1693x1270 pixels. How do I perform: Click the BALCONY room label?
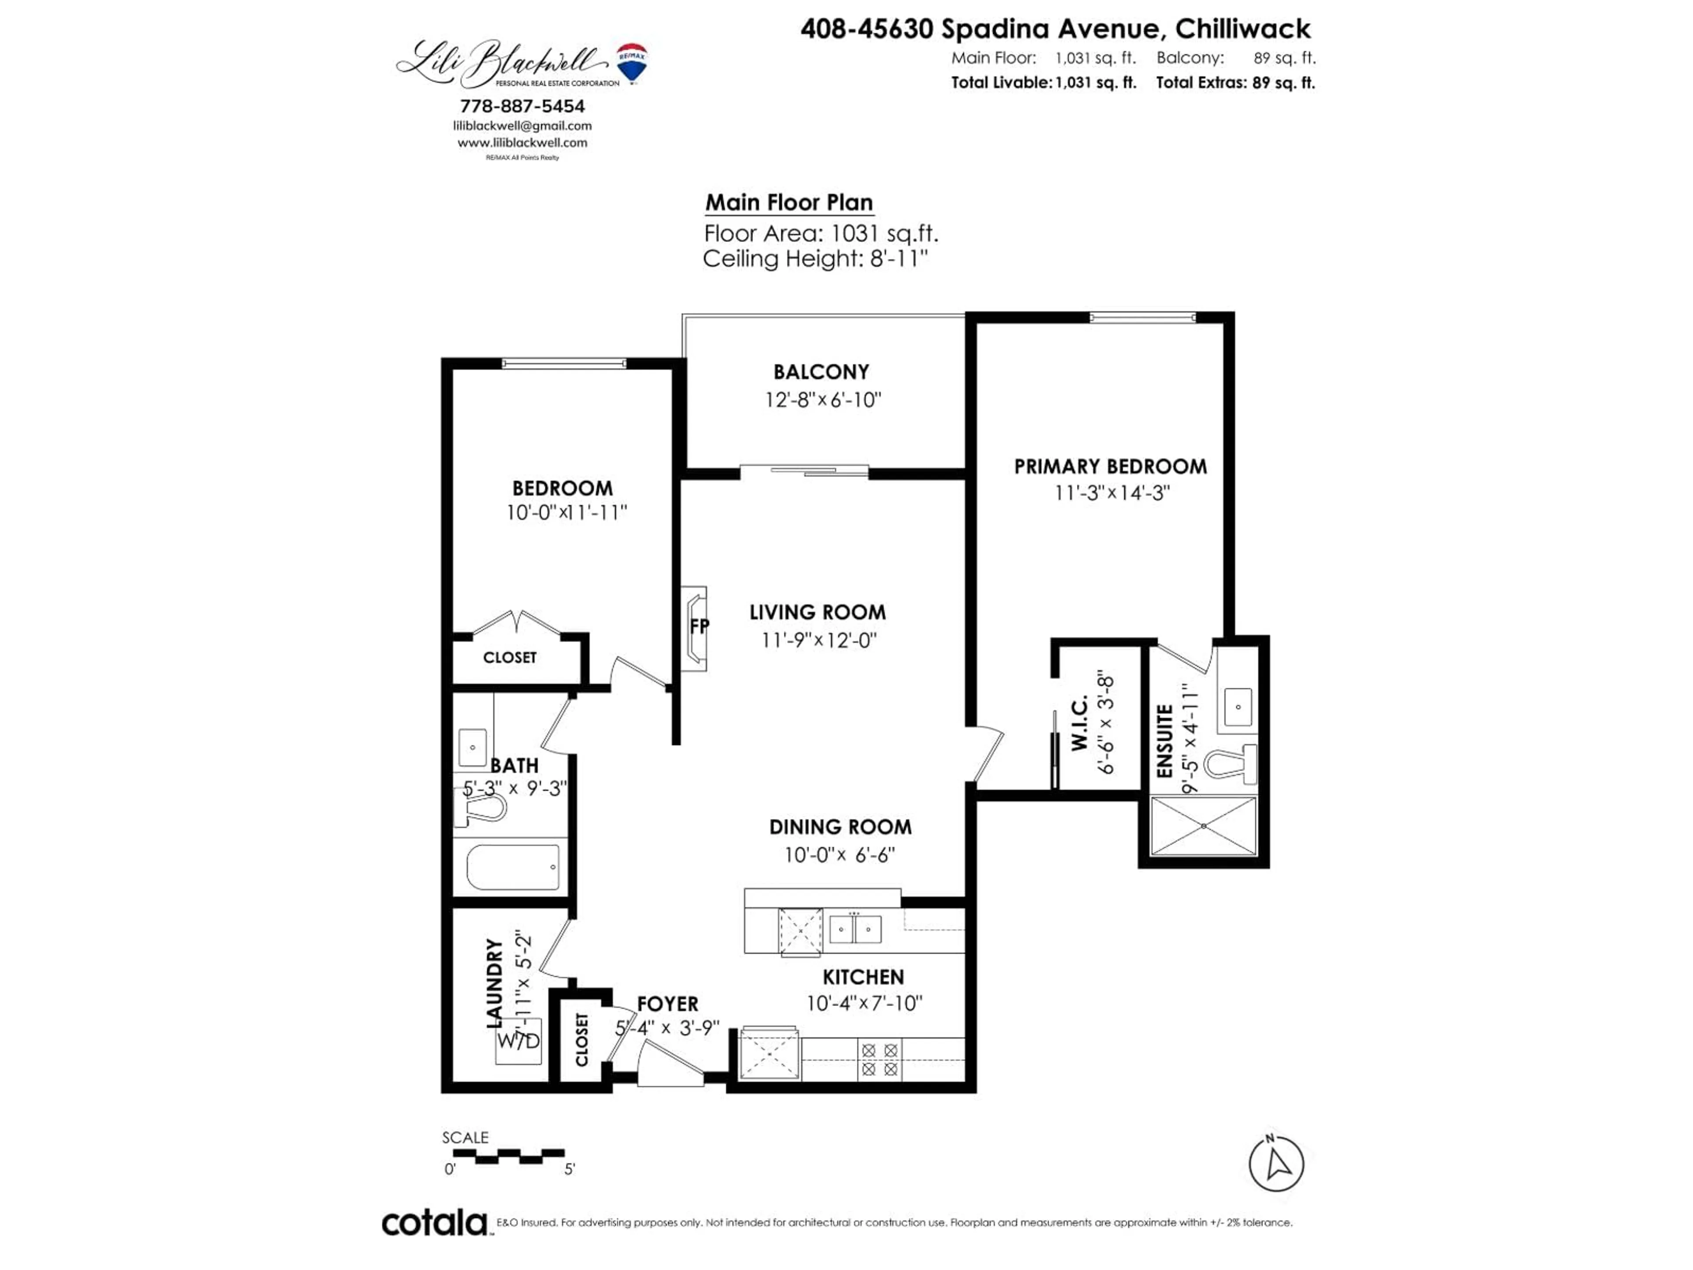pyautogui.click(x=821, y=372)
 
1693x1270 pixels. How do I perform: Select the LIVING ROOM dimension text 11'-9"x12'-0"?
pyautogui.click(x=818, y=640)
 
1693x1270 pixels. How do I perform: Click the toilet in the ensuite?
pyautogui.click(x=1230, y=762)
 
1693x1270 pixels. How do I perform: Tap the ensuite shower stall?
pyautogui.click(x=1203, y=826)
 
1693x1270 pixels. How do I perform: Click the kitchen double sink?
pyautogui.click(x=855, y=929)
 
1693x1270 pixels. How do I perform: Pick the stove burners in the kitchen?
pyautogui.click(x=880, y=1060)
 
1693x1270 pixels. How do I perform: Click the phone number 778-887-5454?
pyautogui.click(x=522, y=106)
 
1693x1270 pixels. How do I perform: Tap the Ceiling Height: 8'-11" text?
pyautogui.click(x=815, y=259)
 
